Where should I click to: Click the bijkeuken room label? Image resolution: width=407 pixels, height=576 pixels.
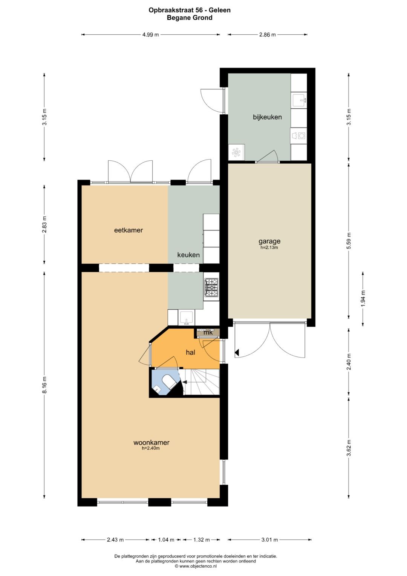tap(267, 117)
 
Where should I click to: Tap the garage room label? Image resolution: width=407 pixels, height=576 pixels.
tap(269, 241)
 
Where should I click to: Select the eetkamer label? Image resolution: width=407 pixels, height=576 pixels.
tap(128, 230)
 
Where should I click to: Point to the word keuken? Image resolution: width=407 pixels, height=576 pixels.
tap(188, 255)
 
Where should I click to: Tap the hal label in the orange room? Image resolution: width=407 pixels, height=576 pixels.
tap(190, 352)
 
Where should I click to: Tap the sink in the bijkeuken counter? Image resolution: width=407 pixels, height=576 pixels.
tap(299, 101)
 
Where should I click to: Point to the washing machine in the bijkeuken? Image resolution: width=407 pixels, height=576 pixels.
tap(299, 135)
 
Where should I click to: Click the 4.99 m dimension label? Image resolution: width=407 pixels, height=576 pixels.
tap(151, 35)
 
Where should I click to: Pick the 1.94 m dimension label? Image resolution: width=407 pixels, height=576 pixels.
tap(363, 298)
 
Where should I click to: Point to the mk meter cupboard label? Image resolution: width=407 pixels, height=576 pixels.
tap(208, 332)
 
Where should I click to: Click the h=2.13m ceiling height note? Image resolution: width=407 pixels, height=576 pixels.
tap(269, 248)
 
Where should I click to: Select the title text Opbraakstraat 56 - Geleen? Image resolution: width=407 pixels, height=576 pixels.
tap(190, 10)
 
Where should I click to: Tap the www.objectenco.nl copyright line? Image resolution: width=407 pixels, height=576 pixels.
tap(196, 566)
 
